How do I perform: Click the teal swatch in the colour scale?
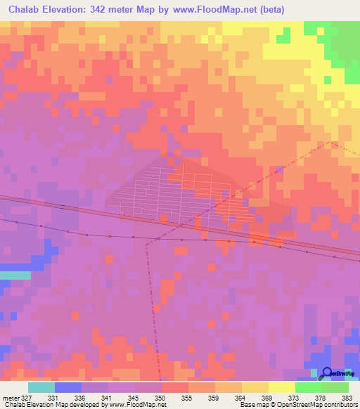point(41,387)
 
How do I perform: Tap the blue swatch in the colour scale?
point(67,387)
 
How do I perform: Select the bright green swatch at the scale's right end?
point(335,387)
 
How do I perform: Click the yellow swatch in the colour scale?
point(281,387)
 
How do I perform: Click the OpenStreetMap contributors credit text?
point(320,405)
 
